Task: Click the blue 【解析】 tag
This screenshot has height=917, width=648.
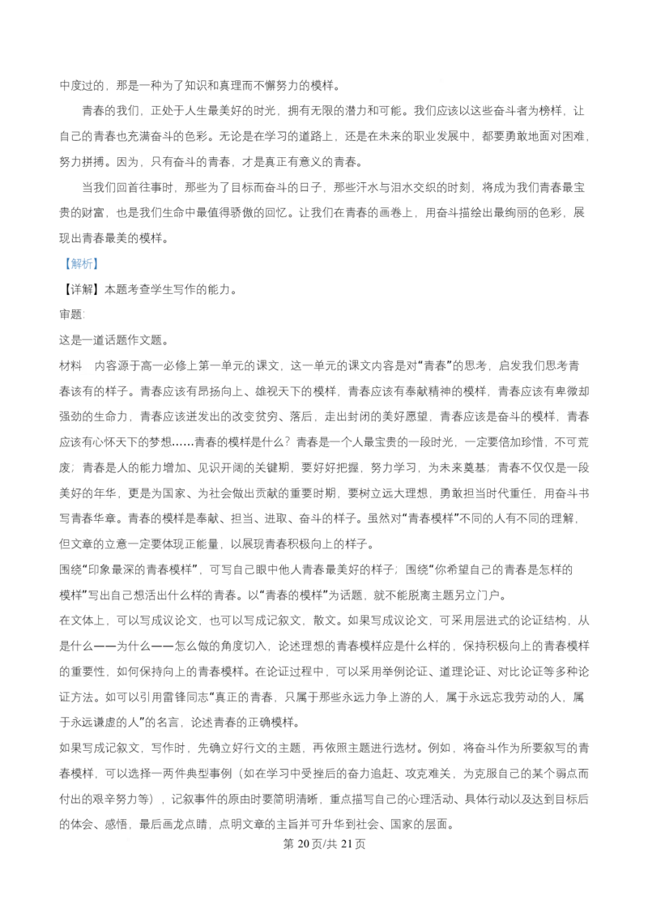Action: pyautogui.click(x=79, y=264)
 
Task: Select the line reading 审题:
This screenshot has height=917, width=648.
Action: pyautogui.click(x=72, y=314)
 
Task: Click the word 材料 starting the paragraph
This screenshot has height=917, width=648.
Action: pyautogui.click(x=70, y=365)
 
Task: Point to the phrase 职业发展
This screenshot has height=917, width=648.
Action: pyautogui.click(x=447, y=136)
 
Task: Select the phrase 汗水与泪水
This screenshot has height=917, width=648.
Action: pyautogui.click(x=386, y=187)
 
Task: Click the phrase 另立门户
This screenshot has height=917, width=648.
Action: pyautogui.click(x=477, y=595)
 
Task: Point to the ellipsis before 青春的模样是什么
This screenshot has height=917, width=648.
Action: pyautogui.click(x=183, y=443)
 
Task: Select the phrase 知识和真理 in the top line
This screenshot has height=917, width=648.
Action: pyautogui.click(x=214, y=85)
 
